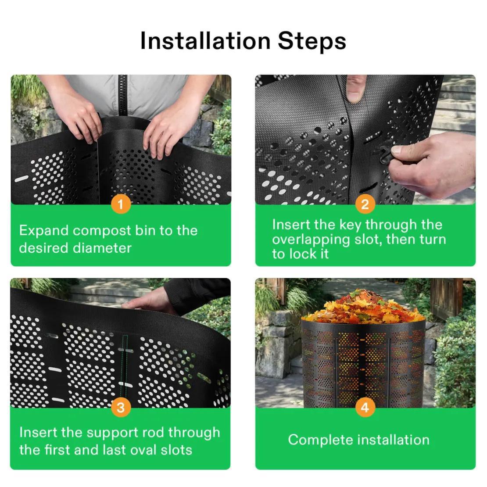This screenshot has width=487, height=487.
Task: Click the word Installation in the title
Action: pos(205,41)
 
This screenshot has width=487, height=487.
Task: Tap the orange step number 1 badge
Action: pos(121,204)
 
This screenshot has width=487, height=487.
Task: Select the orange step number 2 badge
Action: pos(365,204)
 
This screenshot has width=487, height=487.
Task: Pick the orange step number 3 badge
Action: pos(121,408)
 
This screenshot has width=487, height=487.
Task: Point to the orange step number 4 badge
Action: pos(365,408)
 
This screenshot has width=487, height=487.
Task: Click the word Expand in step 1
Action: pos(44,231)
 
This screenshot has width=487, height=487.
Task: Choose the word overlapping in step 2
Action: pos(311,240)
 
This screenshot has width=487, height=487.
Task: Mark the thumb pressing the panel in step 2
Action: pos(356,89)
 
